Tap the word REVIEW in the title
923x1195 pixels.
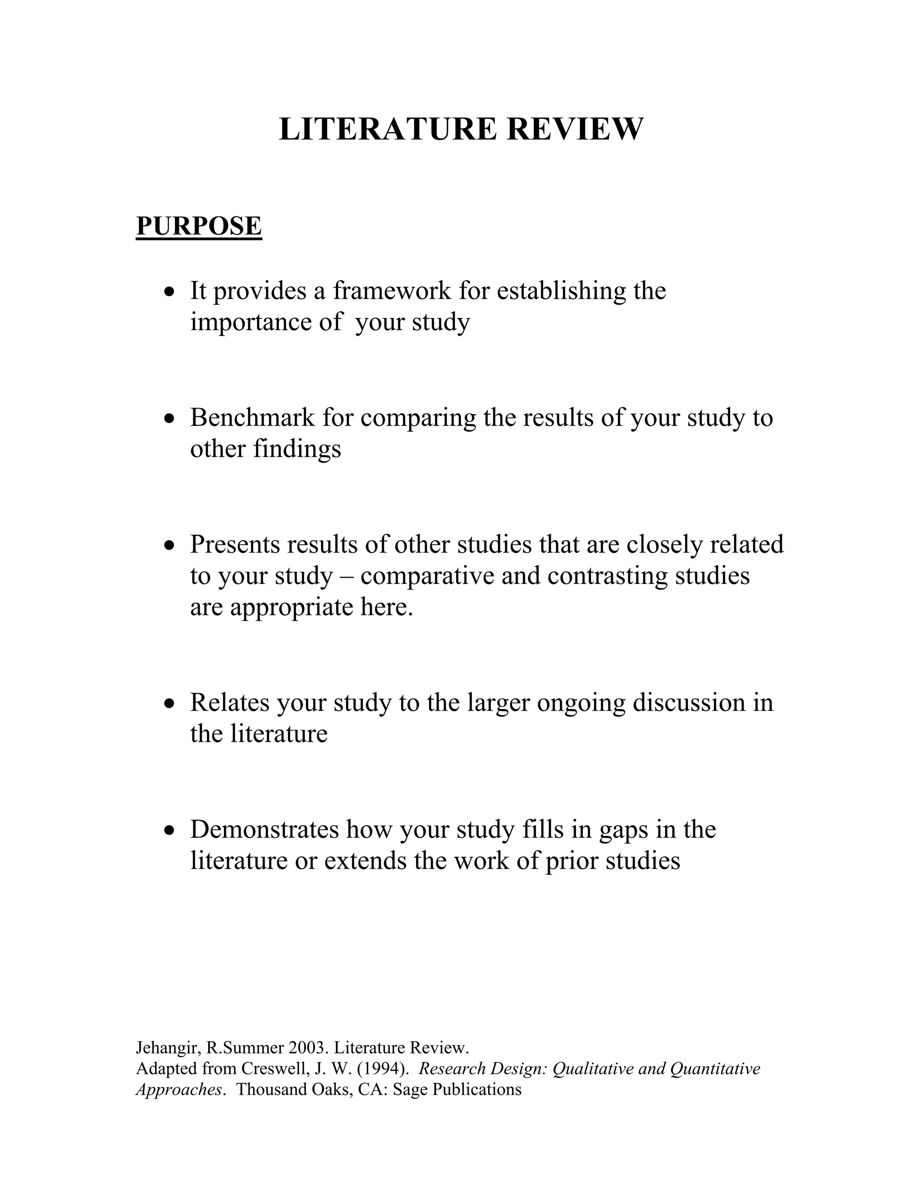pos(575,130)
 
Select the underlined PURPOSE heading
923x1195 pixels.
pos(199,226)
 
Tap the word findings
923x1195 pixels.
pos(297,449)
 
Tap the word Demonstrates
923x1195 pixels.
pos(265,829)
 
